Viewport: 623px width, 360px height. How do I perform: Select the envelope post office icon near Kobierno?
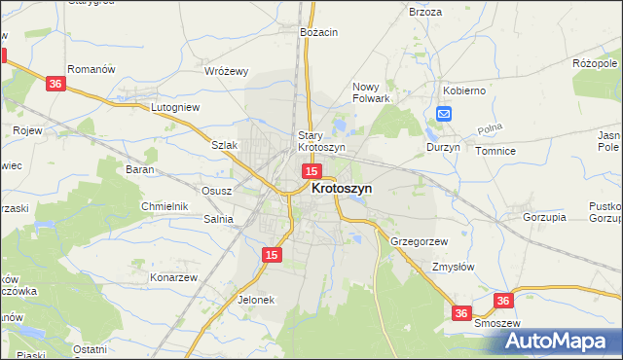444,114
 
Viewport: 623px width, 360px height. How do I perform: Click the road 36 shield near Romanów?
55,85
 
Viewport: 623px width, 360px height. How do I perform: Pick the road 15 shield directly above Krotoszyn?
311,171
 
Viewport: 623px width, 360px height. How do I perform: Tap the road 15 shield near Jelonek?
273,254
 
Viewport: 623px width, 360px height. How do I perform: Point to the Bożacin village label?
319,32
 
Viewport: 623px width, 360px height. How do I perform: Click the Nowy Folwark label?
371,91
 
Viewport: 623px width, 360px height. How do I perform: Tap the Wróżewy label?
227,71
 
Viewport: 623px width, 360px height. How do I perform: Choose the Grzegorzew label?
419,240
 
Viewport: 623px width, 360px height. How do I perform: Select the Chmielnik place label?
165,206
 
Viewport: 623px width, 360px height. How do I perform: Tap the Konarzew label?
174,277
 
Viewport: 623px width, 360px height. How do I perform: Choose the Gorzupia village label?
544,217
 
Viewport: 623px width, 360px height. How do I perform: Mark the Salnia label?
217,220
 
